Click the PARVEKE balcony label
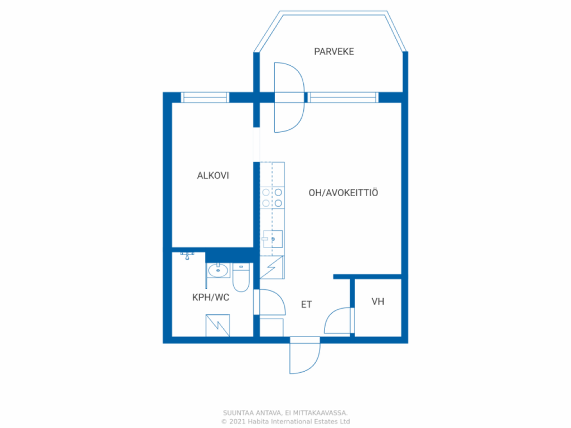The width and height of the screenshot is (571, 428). (334, 52)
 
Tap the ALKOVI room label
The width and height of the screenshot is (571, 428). (213, 176)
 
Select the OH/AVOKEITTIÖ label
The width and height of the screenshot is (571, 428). (343, 192)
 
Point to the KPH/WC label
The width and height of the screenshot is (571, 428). (211, 298)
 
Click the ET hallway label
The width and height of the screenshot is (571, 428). (307, 304)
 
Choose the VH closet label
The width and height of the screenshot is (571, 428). (378, 301)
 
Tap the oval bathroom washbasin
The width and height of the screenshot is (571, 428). (218, 270)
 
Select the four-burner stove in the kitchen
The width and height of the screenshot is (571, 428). (272, 198)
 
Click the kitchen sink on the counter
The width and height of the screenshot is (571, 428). (273, 239)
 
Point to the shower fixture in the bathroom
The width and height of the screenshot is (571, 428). (187, 255)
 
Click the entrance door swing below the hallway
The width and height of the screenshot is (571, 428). (305, 356)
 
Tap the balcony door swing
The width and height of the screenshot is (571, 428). (289, 98)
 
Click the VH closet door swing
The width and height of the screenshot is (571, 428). (339, 320)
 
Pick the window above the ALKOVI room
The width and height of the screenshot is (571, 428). (205, 98)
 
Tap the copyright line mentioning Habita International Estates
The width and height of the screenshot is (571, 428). (285, 421)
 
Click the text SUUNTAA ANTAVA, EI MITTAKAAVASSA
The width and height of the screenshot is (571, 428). (285, 413)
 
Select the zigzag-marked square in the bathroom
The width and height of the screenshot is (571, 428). (218, 325)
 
